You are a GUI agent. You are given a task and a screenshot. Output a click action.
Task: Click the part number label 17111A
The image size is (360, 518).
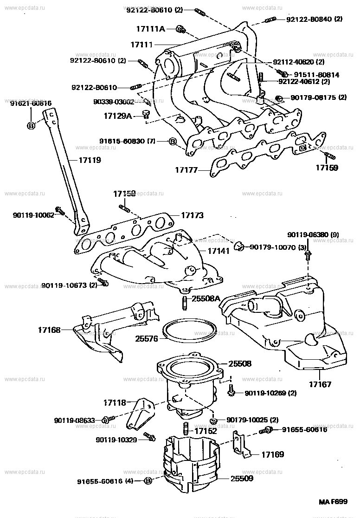coord(150,29)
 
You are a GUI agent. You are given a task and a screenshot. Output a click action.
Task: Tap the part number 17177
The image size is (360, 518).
coord(186,170)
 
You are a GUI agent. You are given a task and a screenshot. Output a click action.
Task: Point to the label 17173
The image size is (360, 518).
coord(192,216)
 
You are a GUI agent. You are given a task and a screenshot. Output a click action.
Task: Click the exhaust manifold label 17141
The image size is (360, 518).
coord(218,251)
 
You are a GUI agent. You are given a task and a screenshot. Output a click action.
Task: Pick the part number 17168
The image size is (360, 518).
coord(49,330)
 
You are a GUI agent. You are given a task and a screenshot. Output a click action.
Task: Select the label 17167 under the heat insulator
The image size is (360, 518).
coord(321,384)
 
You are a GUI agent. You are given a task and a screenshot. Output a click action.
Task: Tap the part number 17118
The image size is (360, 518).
coord(115,403)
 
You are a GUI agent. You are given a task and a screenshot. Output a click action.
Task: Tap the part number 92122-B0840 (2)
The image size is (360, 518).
coord(314,19)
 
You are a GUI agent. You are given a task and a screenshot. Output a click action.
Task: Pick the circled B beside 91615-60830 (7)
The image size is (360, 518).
coord(172,141)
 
